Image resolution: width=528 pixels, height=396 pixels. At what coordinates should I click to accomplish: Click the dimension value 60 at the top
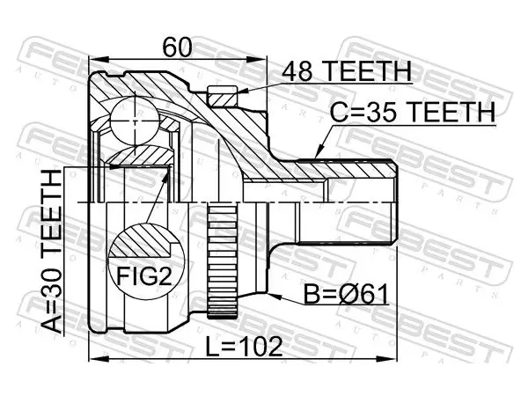(x=177, y=48)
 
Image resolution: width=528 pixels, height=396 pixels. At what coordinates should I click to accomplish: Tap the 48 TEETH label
(x=347, y=71)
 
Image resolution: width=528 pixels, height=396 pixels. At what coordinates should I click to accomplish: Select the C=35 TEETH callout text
(x=413, y=112)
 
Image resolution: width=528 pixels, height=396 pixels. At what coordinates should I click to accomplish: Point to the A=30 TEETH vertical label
(x=52, y=252)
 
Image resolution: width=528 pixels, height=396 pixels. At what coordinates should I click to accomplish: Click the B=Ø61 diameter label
(x=346, y=293)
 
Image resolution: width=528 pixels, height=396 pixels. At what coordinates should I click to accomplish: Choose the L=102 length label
(x=245, y=347)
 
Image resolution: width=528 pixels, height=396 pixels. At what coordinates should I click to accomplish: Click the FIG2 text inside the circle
(x=144, y=276)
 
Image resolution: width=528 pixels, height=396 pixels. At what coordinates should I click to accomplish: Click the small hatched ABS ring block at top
(x=223, y=96)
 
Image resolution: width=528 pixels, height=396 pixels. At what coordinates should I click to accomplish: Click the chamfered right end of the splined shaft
(x=394, y=202)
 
